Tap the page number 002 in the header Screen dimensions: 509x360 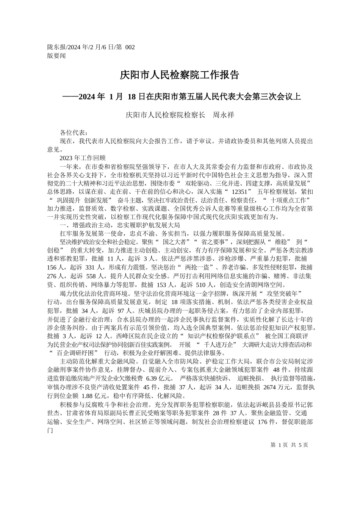(130, 48)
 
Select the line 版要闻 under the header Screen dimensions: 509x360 (56, 56)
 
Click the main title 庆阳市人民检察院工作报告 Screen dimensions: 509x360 (180, 75)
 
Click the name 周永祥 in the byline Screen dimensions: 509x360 (222, 114)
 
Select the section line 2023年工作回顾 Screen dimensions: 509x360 (82, 158)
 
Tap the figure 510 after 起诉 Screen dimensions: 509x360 (203, 284)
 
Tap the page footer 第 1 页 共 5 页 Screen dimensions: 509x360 (290, 445)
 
